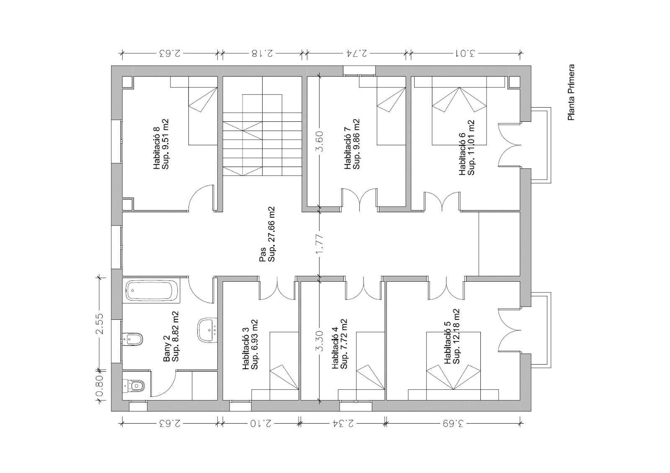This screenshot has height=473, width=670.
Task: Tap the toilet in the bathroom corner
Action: [x=134, y=386]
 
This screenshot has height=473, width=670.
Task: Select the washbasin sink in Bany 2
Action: [x=207, y=330]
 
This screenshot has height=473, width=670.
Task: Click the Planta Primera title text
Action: [x=571, y=93]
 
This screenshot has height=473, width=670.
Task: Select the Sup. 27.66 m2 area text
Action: [x=271, y=234]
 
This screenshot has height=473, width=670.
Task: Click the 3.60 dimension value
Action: [x=320, y=141]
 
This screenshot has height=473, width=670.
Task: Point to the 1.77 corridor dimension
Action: [x=320, y=244]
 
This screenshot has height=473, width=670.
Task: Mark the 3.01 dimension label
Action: [x=464, y=54]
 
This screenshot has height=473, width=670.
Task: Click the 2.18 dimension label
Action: [x=262, y=54]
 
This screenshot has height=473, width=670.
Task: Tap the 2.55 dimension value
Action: [x=100, y=324]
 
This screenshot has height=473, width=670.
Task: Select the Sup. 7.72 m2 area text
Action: [x=344, y=344]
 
